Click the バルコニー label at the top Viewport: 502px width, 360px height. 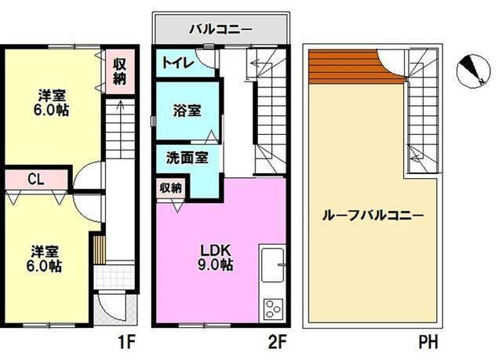[220, 30]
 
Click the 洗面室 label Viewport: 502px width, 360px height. [187, 158]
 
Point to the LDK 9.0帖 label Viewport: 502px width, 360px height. [214, 257]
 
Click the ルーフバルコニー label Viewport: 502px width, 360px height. [373, 215]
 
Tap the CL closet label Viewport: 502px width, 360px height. [35, 180]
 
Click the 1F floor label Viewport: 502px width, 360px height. [128, 342]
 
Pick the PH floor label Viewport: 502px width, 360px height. [427, 342]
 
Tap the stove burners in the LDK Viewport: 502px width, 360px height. [272, 307]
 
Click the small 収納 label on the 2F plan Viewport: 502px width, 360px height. [171, 188]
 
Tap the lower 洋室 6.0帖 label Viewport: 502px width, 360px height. [46, 259]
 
